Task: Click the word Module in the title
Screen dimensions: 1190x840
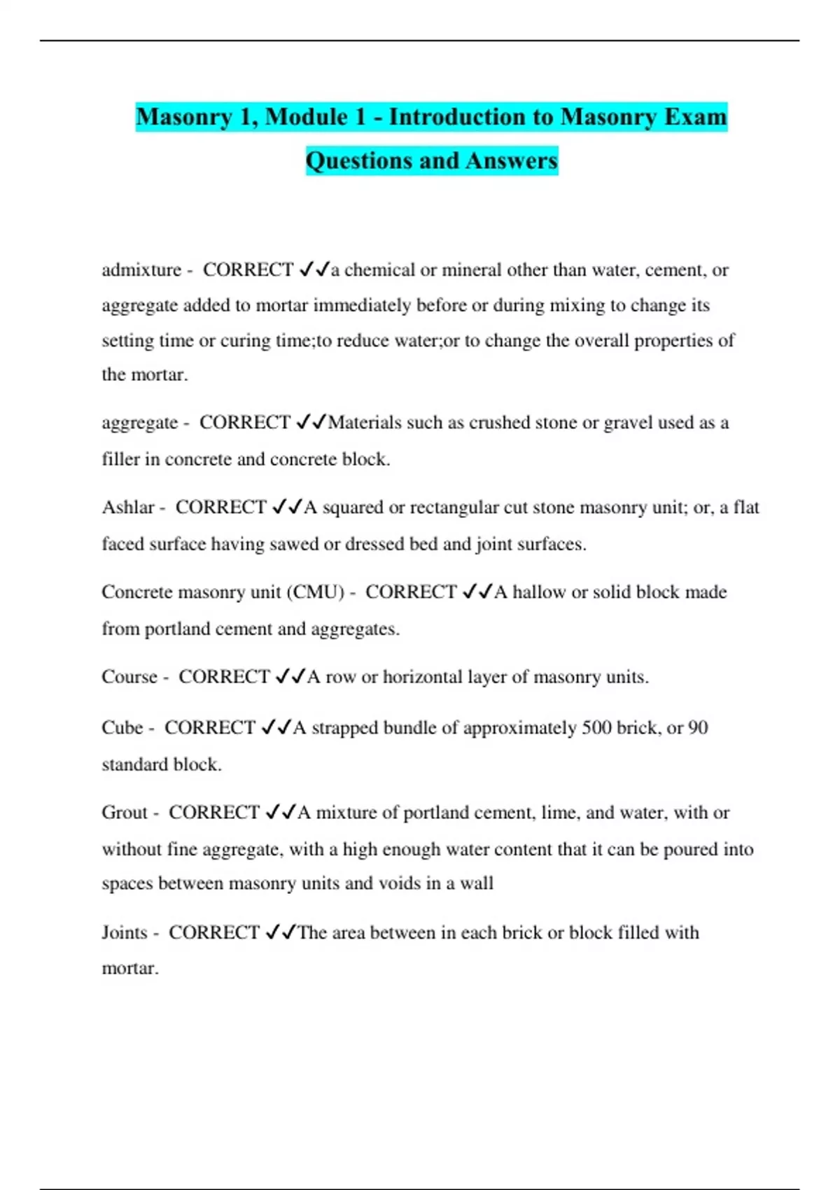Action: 307,116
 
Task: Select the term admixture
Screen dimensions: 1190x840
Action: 141,270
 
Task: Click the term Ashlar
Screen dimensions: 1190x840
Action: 128,507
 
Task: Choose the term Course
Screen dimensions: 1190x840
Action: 129,677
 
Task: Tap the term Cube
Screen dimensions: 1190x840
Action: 122,728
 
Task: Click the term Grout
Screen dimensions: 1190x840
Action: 125,813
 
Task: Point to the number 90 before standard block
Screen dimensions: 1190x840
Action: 698,728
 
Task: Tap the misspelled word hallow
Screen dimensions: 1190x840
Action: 539,592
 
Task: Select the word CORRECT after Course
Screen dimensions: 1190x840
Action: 224,677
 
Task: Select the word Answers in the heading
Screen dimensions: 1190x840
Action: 512,160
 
